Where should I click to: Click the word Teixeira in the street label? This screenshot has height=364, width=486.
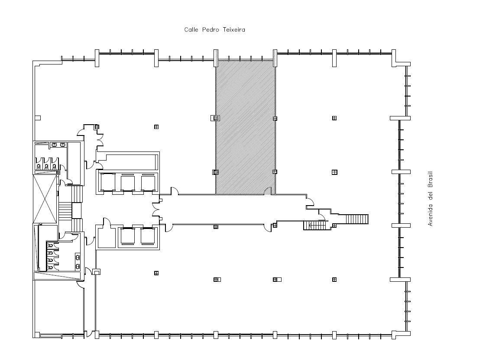234,30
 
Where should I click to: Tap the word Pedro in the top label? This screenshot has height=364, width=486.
211,30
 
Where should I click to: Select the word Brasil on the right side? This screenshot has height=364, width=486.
430,180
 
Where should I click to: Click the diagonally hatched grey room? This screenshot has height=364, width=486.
246,127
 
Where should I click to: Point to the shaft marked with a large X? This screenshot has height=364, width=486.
45,199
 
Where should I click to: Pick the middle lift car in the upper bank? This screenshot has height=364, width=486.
128,183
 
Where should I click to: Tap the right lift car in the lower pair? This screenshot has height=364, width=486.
148,236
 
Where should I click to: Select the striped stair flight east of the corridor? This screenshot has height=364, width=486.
357,219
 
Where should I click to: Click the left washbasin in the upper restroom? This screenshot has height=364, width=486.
54,145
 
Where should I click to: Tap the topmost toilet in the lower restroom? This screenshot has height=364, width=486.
50,246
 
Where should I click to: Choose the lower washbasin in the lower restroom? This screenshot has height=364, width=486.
78,266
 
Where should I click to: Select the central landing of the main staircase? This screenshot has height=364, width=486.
77,210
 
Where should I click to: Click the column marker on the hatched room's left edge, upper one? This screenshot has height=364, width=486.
216,118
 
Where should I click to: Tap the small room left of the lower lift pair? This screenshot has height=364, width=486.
106,238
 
